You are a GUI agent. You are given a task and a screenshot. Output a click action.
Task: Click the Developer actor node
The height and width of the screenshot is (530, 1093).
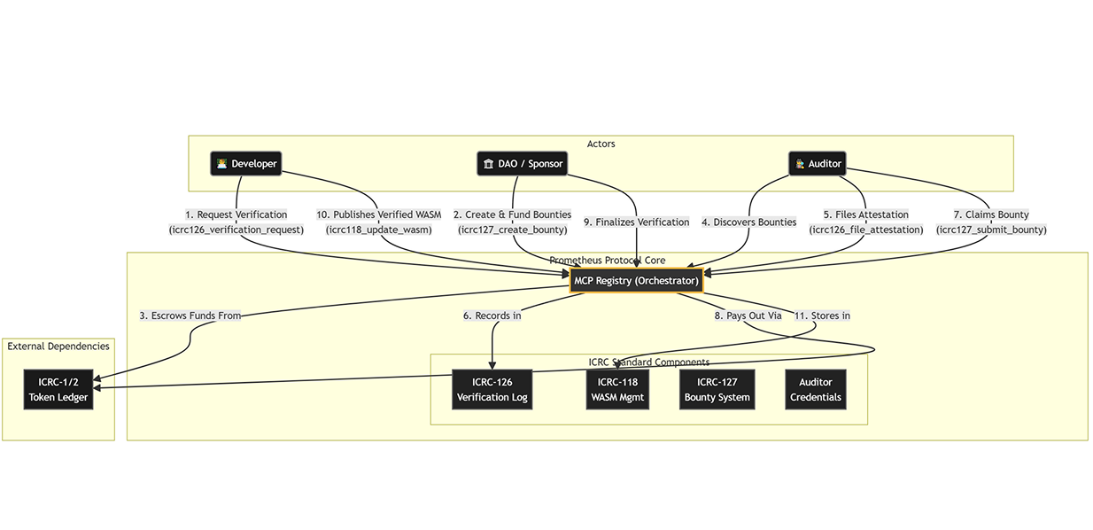(245, 164)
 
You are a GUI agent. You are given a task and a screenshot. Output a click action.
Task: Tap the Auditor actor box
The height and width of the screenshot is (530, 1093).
(817, 164)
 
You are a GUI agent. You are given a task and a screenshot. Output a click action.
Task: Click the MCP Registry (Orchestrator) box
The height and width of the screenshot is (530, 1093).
(637, 281)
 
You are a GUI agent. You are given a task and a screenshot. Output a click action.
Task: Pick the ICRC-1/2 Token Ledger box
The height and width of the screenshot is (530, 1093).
(58, 390)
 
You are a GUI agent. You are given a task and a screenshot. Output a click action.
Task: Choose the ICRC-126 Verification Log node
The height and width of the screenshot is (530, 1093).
(492, 390)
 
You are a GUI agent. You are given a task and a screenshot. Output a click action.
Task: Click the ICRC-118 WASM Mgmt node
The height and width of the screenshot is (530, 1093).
(617, 390)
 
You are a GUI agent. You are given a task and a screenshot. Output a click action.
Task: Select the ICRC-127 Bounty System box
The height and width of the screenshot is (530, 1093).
(717, 390)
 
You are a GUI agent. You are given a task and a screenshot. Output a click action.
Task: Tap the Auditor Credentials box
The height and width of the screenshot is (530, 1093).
(815, 390)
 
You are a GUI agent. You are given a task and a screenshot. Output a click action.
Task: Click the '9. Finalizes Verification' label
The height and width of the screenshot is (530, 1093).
(636, 222)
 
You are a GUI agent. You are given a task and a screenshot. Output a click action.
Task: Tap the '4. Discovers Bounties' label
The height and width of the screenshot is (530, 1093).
(748, 222)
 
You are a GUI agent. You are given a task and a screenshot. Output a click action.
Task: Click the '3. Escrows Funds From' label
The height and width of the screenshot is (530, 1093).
(190, 316)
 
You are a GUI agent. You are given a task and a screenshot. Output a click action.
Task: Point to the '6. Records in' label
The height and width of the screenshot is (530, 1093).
(492, 316)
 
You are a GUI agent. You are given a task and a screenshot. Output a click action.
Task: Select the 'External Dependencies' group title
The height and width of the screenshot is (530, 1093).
(58, 347)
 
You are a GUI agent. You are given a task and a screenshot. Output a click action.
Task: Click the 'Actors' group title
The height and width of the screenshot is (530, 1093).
(601, 144)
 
